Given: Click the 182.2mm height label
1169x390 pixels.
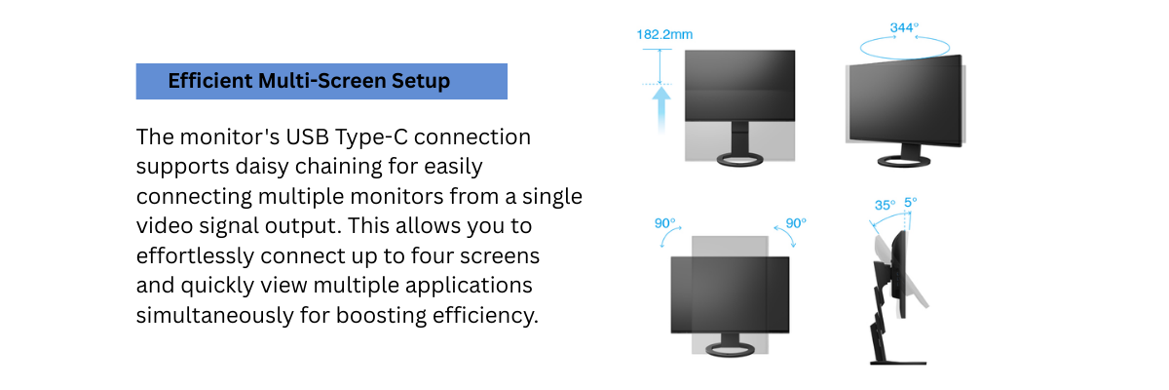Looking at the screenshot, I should coord(664,35).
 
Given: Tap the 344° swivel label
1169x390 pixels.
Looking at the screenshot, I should coord(903,28).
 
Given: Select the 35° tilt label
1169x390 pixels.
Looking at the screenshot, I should coord(884,206).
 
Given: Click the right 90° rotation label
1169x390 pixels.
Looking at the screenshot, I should coord(796,223).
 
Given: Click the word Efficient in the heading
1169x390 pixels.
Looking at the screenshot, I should coord(209,81).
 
